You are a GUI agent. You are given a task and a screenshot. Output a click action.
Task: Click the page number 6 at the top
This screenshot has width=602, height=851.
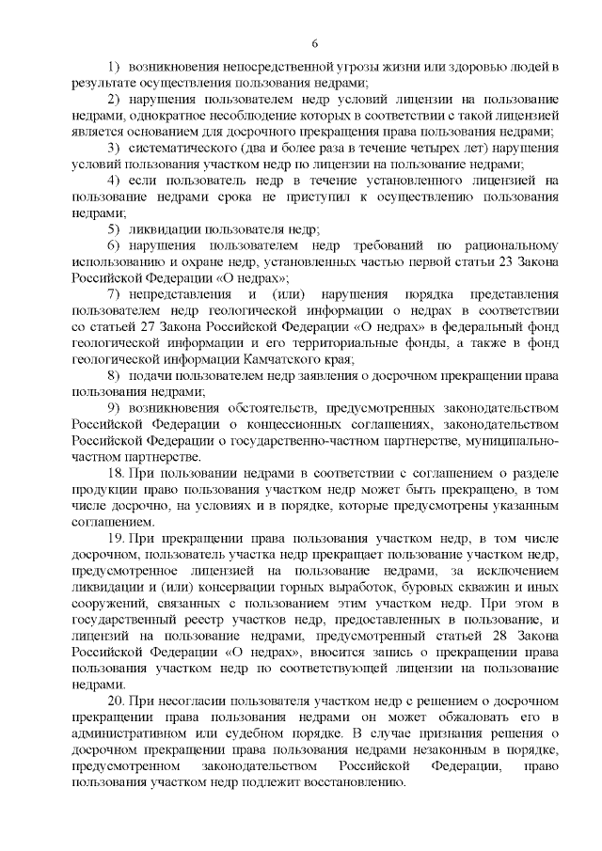point(315,43)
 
